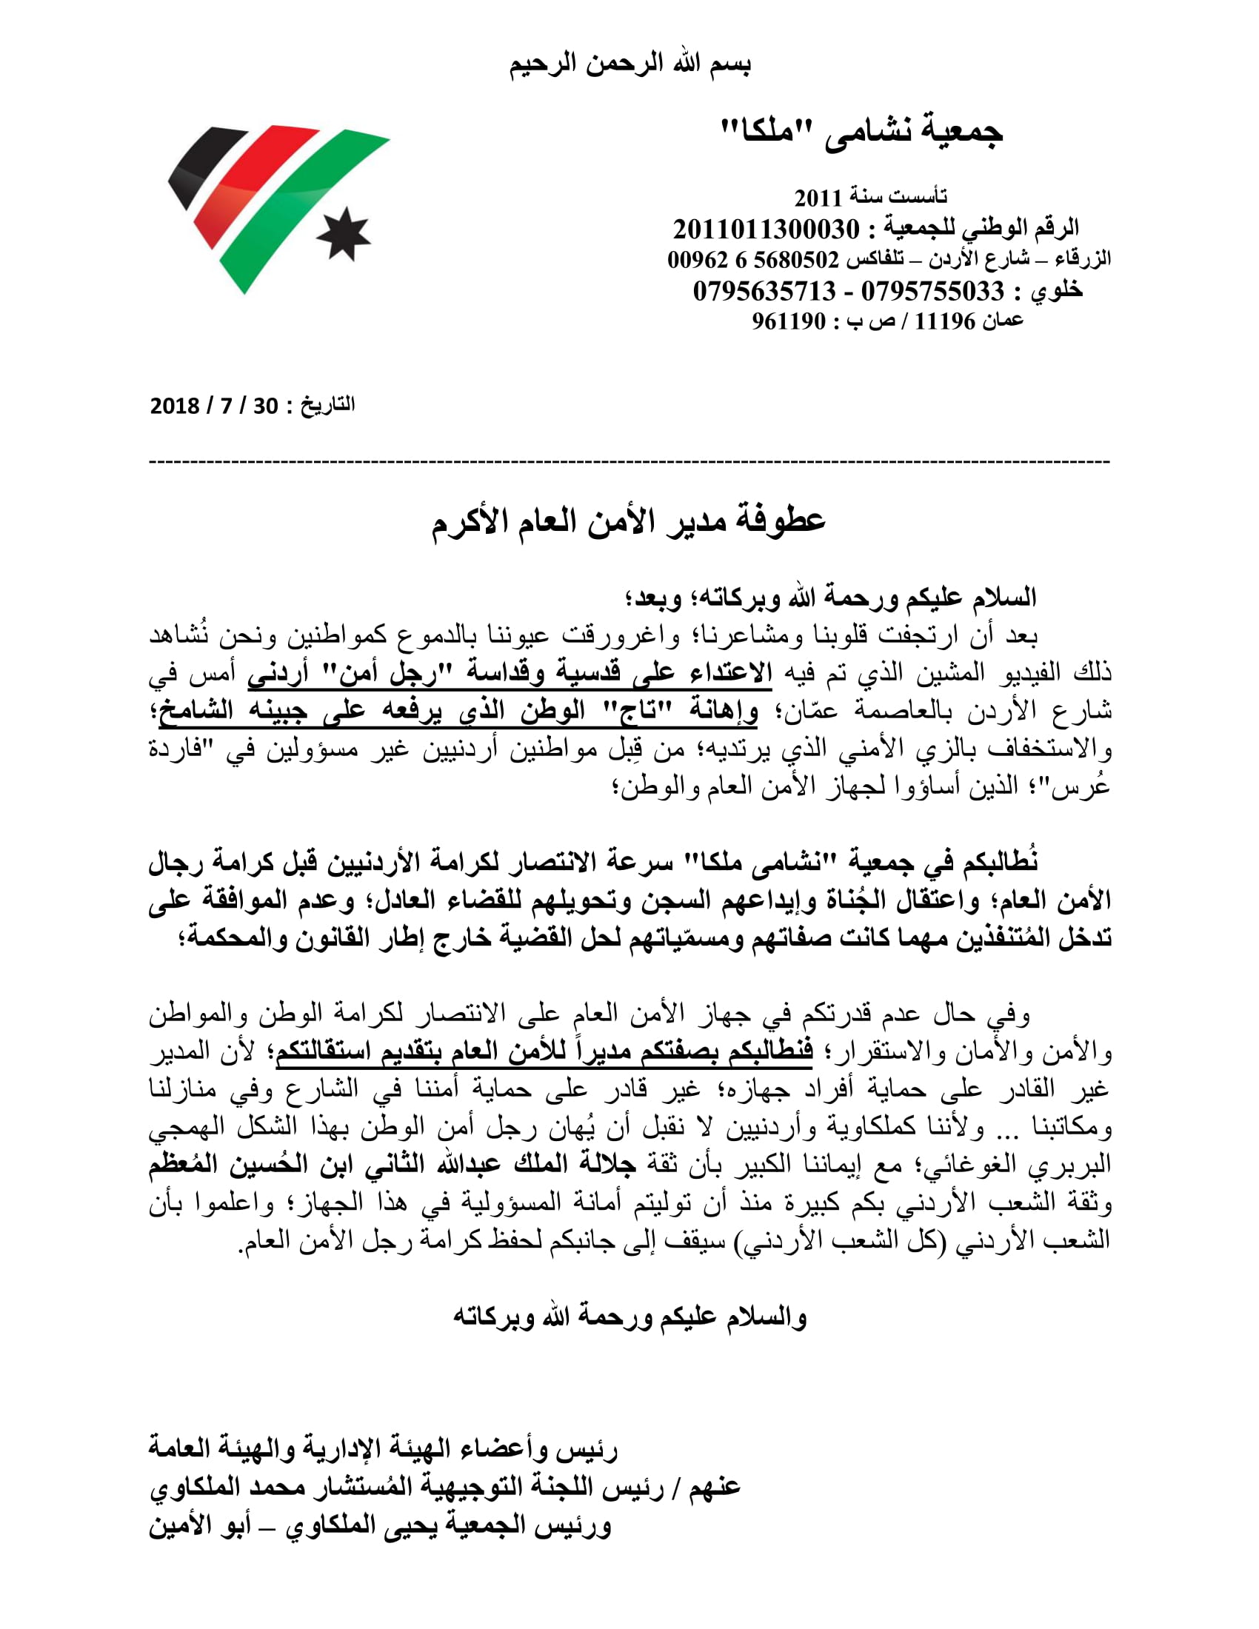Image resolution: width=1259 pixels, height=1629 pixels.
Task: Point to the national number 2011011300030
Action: point(766,229)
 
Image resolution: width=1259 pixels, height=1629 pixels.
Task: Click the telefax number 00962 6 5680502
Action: point(753,260)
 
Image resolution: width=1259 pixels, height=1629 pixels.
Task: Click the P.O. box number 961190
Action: point(789,321)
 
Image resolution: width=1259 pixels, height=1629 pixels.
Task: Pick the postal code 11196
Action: point(945,321)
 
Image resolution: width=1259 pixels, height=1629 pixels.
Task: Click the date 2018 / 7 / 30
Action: point(214,406)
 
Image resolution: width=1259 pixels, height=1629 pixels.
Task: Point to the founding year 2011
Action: point(818,198)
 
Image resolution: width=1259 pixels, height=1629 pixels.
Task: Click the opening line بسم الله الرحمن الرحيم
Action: point(629,64)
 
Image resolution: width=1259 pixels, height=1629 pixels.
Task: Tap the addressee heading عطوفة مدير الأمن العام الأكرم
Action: point(629,521)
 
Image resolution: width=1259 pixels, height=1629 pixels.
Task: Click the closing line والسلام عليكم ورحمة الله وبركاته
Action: point(629,1317)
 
